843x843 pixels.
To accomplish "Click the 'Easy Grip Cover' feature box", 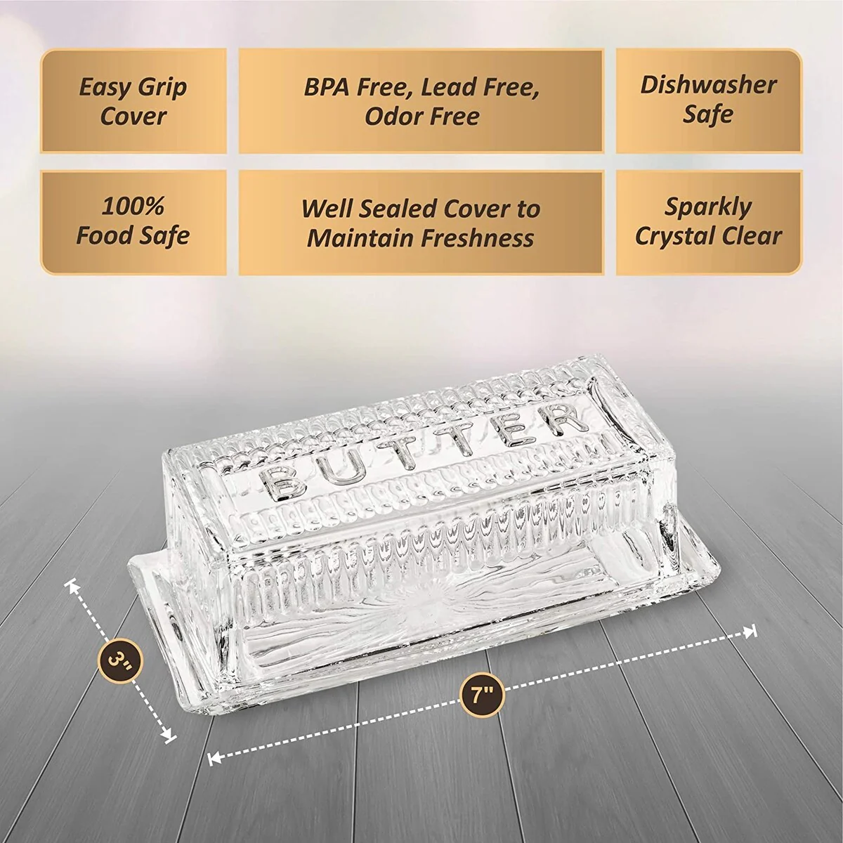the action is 133,100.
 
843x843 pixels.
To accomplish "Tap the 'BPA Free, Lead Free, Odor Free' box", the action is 421,100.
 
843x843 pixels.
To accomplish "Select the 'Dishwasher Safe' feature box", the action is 709,100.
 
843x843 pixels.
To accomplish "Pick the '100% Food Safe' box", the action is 133,223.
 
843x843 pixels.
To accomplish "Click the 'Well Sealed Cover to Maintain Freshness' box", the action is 421,223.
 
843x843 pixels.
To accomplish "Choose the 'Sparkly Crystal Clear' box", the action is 709,223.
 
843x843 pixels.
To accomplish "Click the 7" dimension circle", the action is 483,695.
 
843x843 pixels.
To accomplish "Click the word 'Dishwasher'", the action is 709,85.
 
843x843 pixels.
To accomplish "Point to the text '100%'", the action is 133,206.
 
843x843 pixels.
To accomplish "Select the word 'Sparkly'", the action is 708,208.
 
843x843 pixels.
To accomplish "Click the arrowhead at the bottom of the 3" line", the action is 169,737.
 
